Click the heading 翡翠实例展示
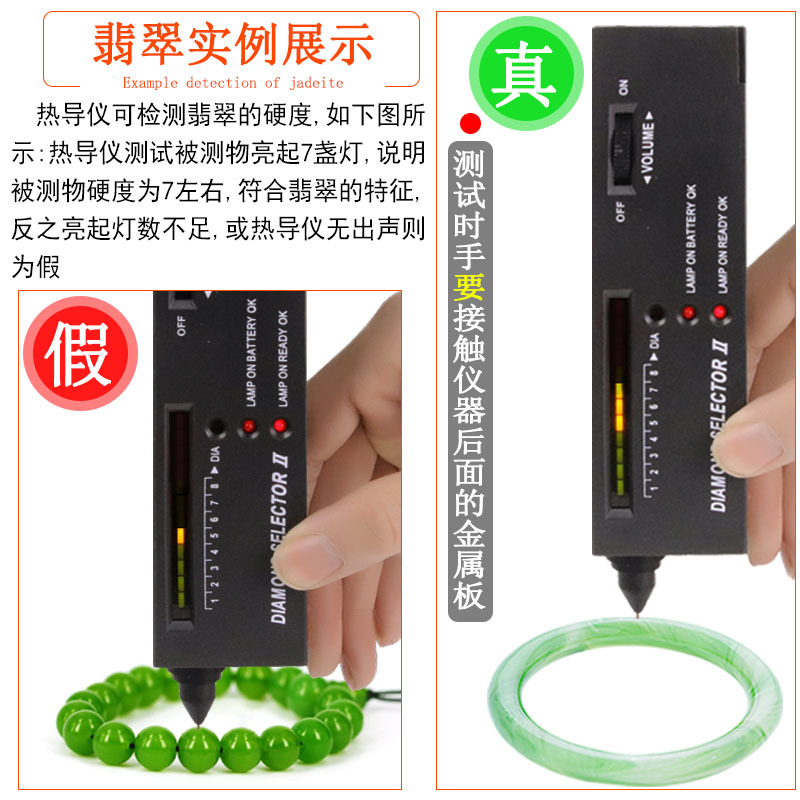[233, 45]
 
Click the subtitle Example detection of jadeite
[232, 82]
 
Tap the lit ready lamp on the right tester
[718, 314]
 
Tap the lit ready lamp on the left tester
[279, 427]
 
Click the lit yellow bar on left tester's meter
[179, 535]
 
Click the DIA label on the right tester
[654, 343]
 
